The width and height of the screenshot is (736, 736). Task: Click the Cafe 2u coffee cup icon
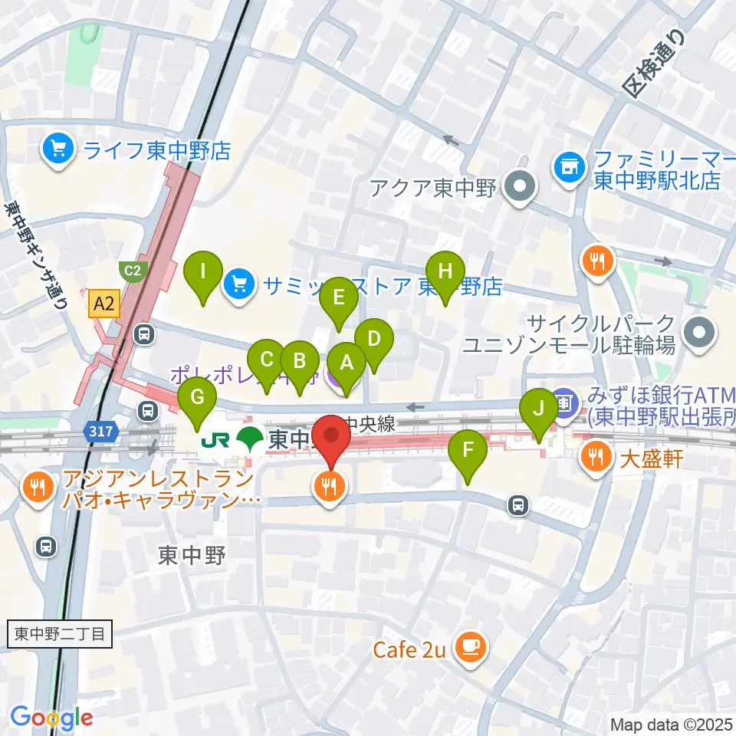click(x=469, y=649)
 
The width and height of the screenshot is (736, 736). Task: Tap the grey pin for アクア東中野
click(x=521, y=186)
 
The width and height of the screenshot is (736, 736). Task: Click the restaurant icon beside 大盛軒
click(x=594, y=459)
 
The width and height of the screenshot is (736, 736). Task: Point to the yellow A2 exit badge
click(x=103, y=304)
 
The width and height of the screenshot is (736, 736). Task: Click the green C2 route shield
click(x=132, y=270)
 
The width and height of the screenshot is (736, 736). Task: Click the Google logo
click(x=51, y=717)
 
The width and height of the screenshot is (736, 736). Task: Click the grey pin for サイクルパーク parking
click(x=698, y=333)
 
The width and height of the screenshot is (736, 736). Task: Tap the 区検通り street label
click(x=652, y=65)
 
